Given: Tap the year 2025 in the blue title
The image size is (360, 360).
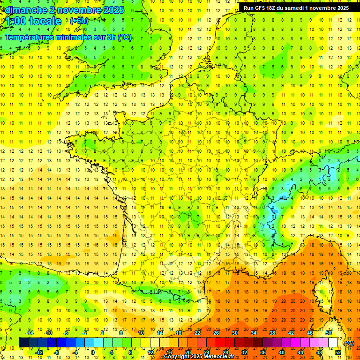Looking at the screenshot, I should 113,10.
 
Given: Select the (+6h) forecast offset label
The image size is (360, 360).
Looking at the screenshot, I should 79,21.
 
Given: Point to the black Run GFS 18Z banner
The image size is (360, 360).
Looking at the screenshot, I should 296,7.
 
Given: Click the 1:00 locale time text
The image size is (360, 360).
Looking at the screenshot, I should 34,21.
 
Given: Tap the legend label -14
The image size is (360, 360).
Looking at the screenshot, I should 30,333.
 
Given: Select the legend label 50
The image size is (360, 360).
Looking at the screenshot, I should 329,333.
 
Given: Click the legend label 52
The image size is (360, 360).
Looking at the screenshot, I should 338,352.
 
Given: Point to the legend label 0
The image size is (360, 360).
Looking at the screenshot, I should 93,352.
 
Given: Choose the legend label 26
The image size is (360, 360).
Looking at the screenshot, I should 216,333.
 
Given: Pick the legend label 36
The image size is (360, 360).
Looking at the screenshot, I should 263,352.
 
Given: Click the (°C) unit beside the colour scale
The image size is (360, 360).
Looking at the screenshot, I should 349,343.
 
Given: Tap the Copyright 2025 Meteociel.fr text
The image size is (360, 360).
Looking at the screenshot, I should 199,357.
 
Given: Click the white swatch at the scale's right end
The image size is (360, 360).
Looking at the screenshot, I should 333,343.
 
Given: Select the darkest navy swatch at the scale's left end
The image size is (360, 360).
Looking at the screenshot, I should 23,343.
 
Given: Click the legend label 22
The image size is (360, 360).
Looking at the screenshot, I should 197,333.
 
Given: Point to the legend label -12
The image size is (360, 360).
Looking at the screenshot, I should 39,352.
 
